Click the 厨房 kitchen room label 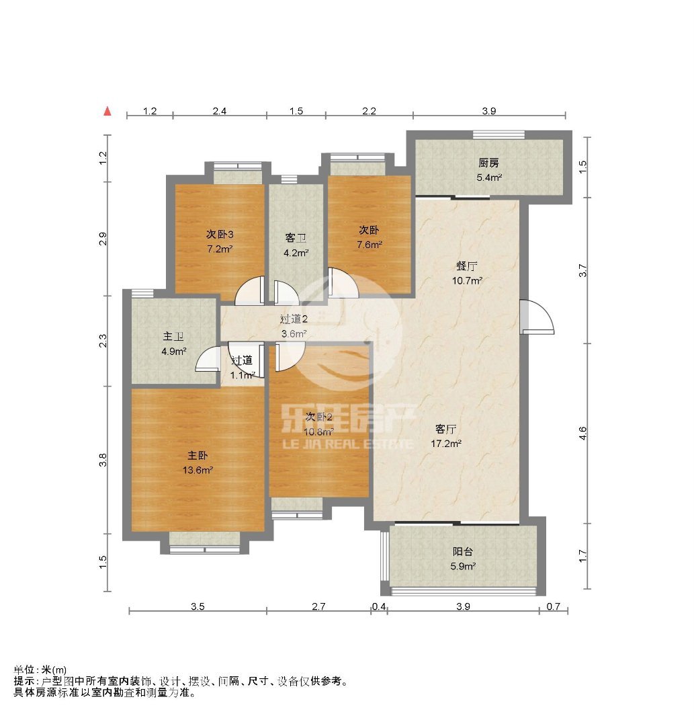click(488, 163)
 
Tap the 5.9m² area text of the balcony click(463, 566)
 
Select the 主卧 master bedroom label click(198, 456)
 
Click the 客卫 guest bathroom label click(296, 239)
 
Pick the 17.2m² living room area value click(446, 444)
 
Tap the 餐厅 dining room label click(467, 266)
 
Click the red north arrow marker click(107, 111)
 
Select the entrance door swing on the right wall click(537, 317)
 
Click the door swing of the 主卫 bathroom click(208, 359)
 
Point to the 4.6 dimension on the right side click(582, 433)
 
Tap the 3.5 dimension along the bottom click(198, 606)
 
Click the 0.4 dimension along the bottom click(379, 606)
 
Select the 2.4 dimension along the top click(220, 111)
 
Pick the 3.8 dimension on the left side click(103, 459)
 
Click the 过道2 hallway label click(294, 319)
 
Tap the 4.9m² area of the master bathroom click(174, 352)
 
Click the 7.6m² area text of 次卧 click(370, 245)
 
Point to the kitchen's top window click(498, 134)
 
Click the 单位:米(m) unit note click(40, 670)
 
